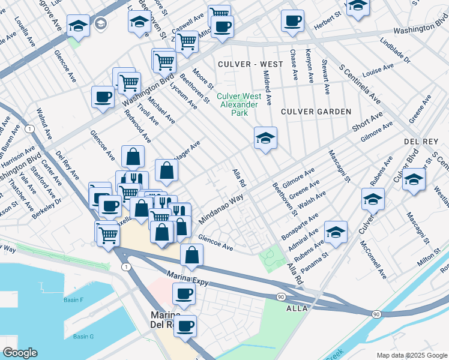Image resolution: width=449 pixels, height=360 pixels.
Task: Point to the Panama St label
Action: (x=314, y=263)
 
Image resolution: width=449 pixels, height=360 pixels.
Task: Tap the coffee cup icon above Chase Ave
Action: (x=292, y=21)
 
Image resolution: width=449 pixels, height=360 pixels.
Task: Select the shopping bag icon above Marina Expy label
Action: (x=191, y=255)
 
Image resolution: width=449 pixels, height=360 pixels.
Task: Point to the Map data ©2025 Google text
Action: (x=411, y=355)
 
